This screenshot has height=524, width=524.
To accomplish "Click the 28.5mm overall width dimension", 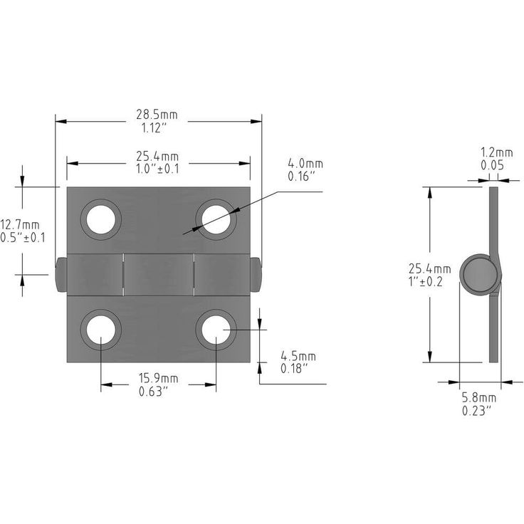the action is (157, 115).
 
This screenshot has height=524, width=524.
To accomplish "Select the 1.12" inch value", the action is (154, 127).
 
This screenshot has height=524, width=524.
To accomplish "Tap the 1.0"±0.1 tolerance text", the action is (157, 169).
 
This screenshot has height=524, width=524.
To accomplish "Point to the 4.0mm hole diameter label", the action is (305, 164).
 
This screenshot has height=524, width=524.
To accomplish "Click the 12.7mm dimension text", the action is (20, 224).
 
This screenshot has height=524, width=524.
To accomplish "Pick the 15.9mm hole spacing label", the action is (158, 379).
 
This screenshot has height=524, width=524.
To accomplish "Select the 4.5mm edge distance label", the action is (298, 356).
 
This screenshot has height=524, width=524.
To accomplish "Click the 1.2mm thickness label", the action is (497, 153).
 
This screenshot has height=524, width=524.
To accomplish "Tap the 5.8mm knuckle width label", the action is (479, 398).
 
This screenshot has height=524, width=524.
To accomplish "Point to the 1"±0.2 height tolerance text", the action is (426, 282).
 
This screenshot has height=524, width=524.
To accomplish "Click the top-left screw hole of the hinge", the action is (101, 219).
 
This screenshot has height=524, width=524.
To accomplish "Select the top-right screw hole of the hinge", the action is (216, 219).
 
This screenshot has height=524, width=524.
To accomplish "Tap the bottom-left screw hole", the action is (101, 330).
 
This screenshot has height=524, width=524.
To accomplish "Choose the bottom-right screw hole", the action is (216, 330).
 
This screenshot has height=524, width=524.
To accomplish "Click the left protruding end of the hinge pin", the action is (61, 275).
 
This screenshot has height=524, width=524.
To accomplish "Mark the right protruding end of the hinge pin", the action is (256, 275).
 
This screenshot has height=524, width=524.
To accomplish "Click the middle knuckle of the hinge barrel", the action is (159, 275).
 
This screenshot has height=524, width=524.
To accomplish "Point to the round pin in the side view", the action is (479, 275).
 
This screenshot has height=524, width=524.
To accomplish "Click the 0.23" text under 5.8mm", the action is (477, 410).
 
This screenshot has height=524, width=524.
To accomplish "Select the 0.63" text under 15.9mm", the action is (153, 392).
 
